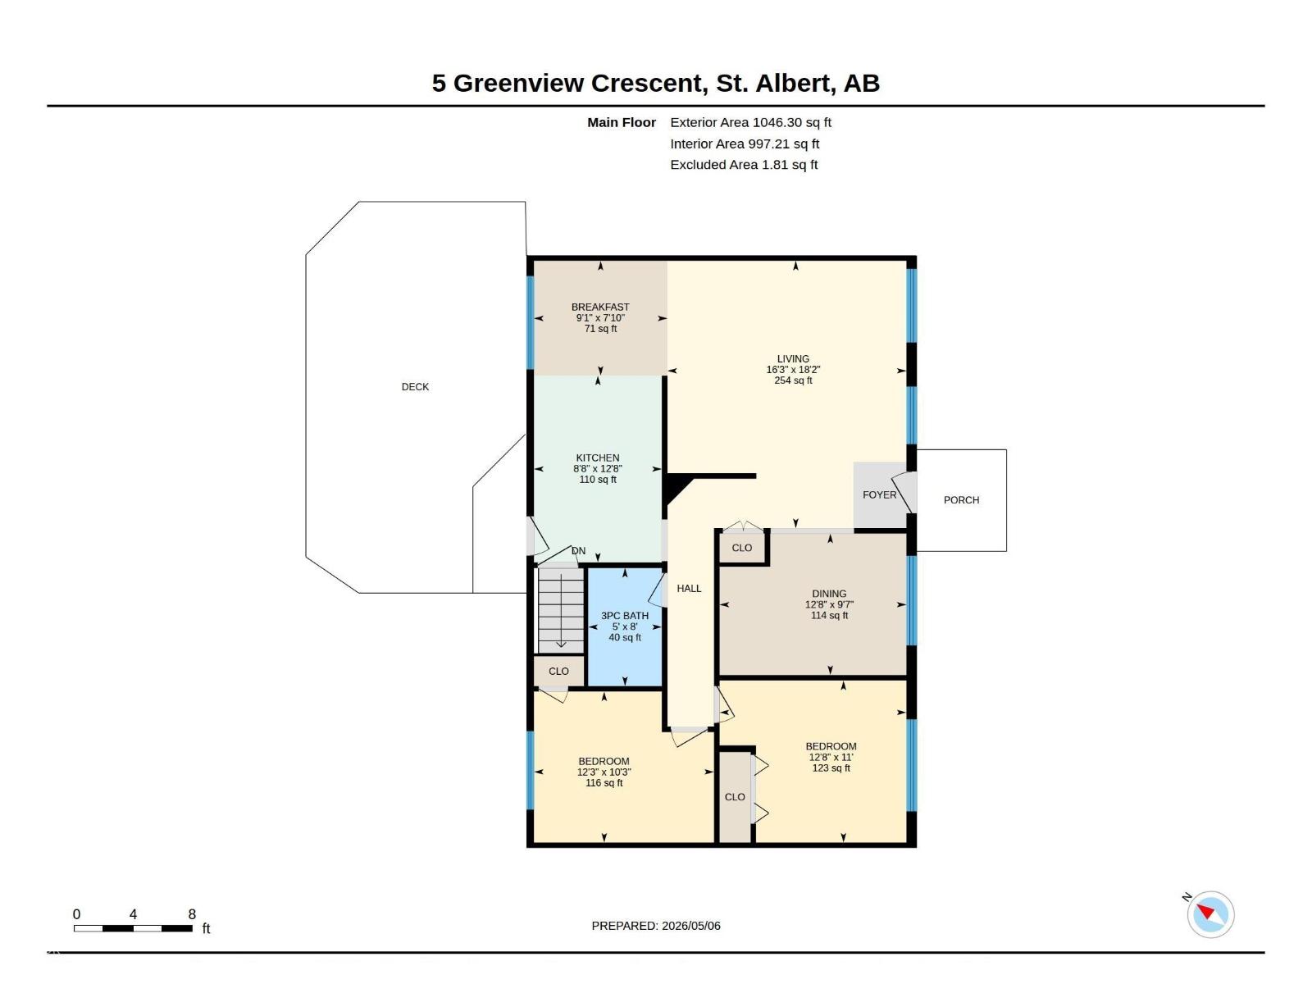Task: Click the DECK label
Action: pos(415,386)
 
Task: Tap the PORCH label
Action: pos(960,499)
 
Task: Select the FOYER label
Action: pos(879,494)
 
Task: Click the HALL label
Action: pos(689,588)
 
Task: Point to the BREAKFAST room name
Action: pos(600,307)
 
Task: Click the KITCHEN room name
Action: pos(597,458)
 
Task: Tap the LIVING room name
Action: pos(793,358)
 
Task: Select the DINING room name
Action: pos(828,593)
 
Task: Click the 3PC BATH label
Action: pos(624,615)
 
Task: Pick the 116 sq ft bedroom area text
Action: pos(604,782)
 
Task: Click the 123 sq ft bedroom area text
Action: pos(830,768)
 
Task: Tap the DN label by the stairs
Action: pos(578,551)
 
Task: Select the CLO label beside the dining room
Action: pos(741,547)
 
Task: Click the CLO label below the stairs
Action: pos(558,671)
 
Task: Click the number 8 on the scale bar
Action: pos(192,913)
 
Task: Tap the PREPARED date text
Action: pos(656,926)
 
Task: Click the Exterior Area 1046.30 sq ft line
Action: pos(750,122)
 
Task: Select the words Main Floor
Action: pos(621,122)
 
